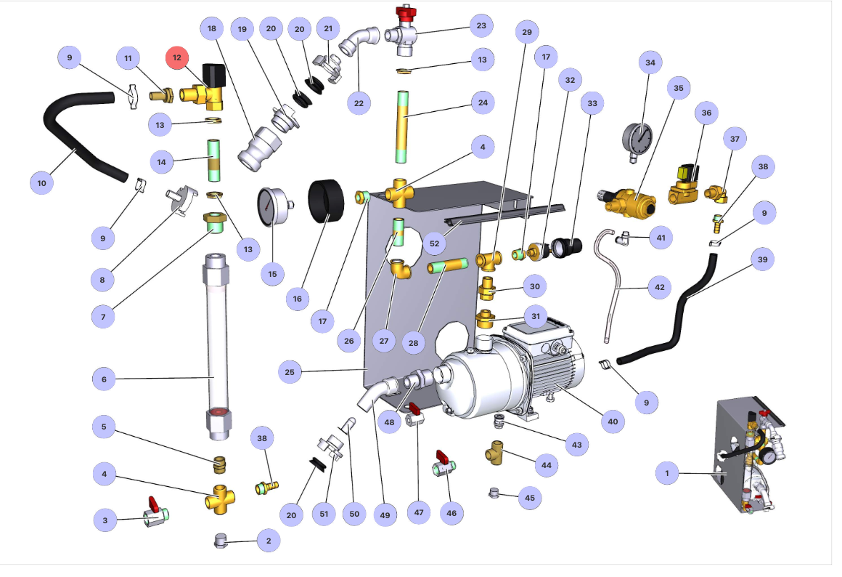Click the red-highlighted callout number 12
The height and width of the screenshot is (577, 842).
pos(176,57)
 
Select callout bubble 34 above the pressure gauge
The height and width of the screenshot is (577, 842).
pos(650,63)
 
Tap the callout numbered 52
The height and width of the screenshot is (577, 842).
pos(434,243)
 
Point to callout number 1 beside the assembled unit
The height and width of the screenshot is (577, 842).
pos(666,474)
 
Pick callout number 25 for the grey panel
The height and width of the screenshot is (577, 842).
pos(290,373)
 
